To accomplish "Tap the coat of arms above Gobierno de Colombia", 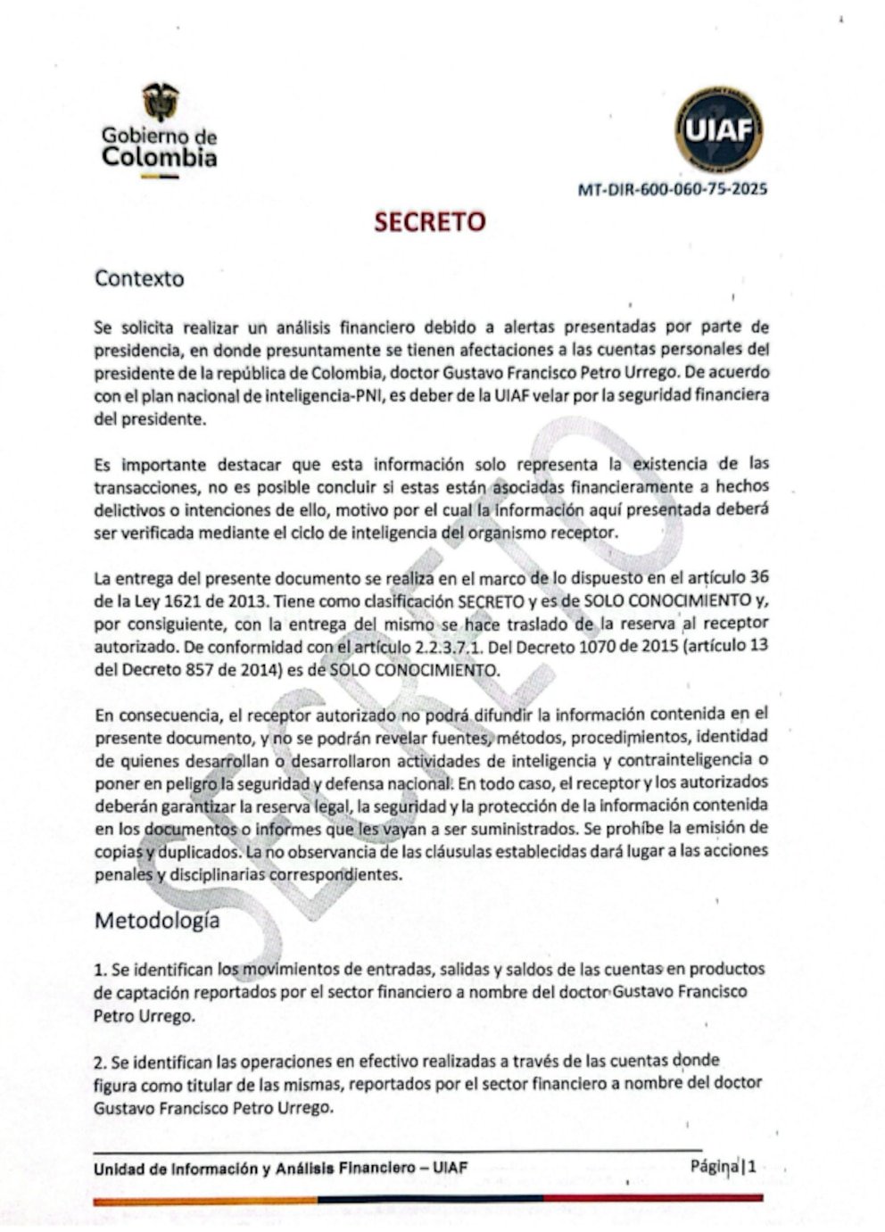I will pyautogui.click(x=161, y=103).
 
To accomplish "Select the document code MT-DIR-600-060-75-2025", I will pyautogui.click(x=672, y=189).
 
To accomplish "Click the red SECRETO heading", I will pyautogui.click(x=429, y=222).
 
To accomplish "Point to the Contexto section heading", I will pyautogui.click(x=139, y=278).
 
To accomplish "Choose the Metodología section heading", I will pyautogui.click(x=157, y=920).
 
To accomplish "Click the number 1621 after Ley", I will pyautogui.click(x=186, y=601).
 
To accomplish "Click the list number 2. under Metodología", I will pyautogui.click(x=100, y=1062).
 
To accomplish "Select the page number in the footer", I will pyautogui.click(x=754, y=1166).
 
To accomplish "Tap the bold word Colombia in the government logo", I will pyautogui.click(x=159, y=158).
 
